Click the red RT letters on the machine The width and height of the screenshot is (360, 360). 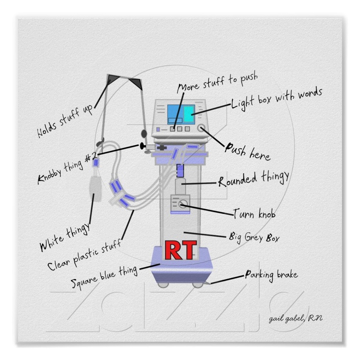coord(180,250)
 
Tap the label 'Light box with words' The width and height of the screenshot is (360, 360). coord(277,98)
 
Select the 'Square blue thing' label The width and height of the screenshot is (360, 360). coord(104,278)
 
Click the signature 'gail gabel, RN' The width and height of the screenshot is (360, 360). coord(295,319)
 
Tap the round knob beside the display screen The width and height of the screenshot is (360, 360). coord(202,128)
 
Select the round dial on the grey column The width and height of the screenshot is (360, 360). coord(182,204)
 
